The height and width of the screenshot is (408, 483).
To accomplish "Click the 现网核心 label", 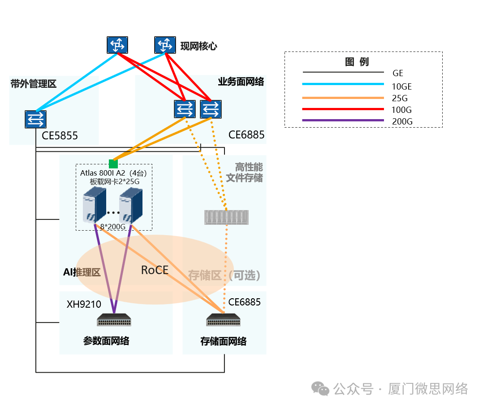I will [198, 46].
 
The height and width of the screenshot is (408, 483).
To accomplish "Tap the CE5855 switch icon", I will [35, 119].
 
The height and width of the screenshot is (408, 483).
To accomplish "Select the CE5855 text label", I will [60, 135].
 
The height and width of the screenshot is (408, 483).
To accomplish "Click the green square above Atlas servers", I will [113, 164].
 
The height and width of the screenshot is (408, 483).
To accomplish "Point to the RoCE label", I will [155, 270].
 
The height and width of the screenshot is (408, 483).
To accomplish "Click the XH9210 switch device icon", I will [114, 320].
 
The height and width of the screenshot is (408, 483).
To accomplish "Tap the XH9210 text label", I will [84, 305].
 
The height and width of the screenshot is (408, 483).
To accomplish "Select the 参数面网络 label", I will [106, 341].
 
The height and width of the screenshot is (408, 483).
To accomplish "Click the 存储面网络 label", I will [224, 341].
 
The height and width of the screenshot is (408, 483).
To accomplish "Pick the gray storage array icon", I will [226, 217].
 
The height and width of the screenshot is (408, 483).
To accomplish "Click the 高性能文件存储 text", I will [244, 172].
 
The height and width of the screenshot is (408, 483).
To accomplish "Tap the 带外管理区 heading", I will [34, 84].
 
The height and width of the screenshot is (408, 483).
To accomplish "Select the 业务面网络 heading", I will [241, 82].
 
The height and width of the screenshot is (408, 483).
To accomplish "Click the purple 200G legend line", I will [343, 120].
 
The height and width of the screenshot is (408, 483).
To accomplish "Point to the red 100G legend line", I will [343, 109].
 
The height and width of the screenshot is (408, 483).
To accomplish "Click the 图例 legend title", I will [357, 62].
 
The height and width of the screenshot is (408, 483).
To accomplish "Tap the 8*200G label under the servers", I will [112, 227].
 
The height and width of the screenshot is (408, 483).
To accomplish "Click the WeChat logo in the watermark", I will [320, 389].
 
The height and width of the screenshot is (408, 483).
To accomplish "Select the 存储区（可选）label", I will [224, 275].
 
